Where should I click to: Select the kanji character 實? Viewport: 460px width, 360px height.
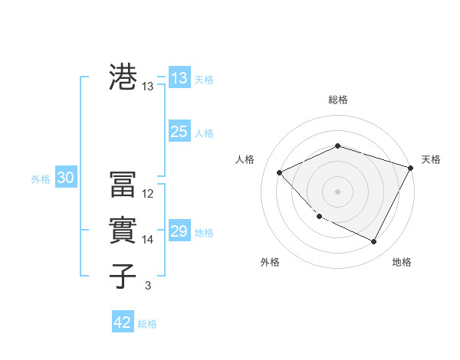coord(123,230)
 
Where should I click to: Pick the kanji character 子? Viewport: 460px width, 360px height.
coord(123,275)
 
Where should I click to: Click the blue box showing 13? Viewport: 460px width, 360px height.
coord(179,78)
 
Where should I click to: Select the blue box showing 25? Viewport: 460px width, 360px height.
coord(179,132)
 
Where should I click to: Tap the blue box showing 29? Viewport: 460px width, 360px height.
coord(179,231)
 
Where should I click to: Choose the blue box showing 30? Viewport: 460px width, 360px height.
coord(65,178)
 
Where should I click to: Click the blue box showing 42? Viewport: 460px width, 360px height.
coord(122,322)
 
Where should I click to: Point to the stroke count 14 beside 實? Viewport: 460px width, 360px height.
coord(148,240)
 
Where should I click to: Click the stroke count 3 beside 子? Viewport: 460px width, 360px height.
coord(147,286)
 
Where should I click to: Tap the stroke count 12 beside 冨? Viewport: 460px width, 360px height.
coord(148,194)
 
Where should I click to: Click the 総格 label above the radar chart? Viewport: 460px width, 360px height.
coord(338,100)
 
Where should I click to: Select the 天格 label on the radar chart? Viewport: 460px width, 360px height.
coord(431,159)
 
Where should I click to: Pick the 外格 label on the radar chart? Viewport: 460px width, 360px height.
coord(270,262)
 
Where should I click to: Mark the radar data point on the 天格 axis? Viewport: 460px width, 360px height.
coord(411,168)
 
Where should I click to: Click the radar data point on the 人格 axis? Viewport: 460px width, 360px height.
coord(280,172)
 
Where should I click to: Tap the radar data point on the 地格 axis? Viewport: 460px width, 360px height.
coord(374,242)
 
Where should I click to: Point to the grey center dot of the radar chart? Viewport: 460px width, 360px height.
coord(338,191)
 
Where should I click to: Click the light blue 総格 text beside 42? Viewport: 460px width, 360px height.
coord(147,324)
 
